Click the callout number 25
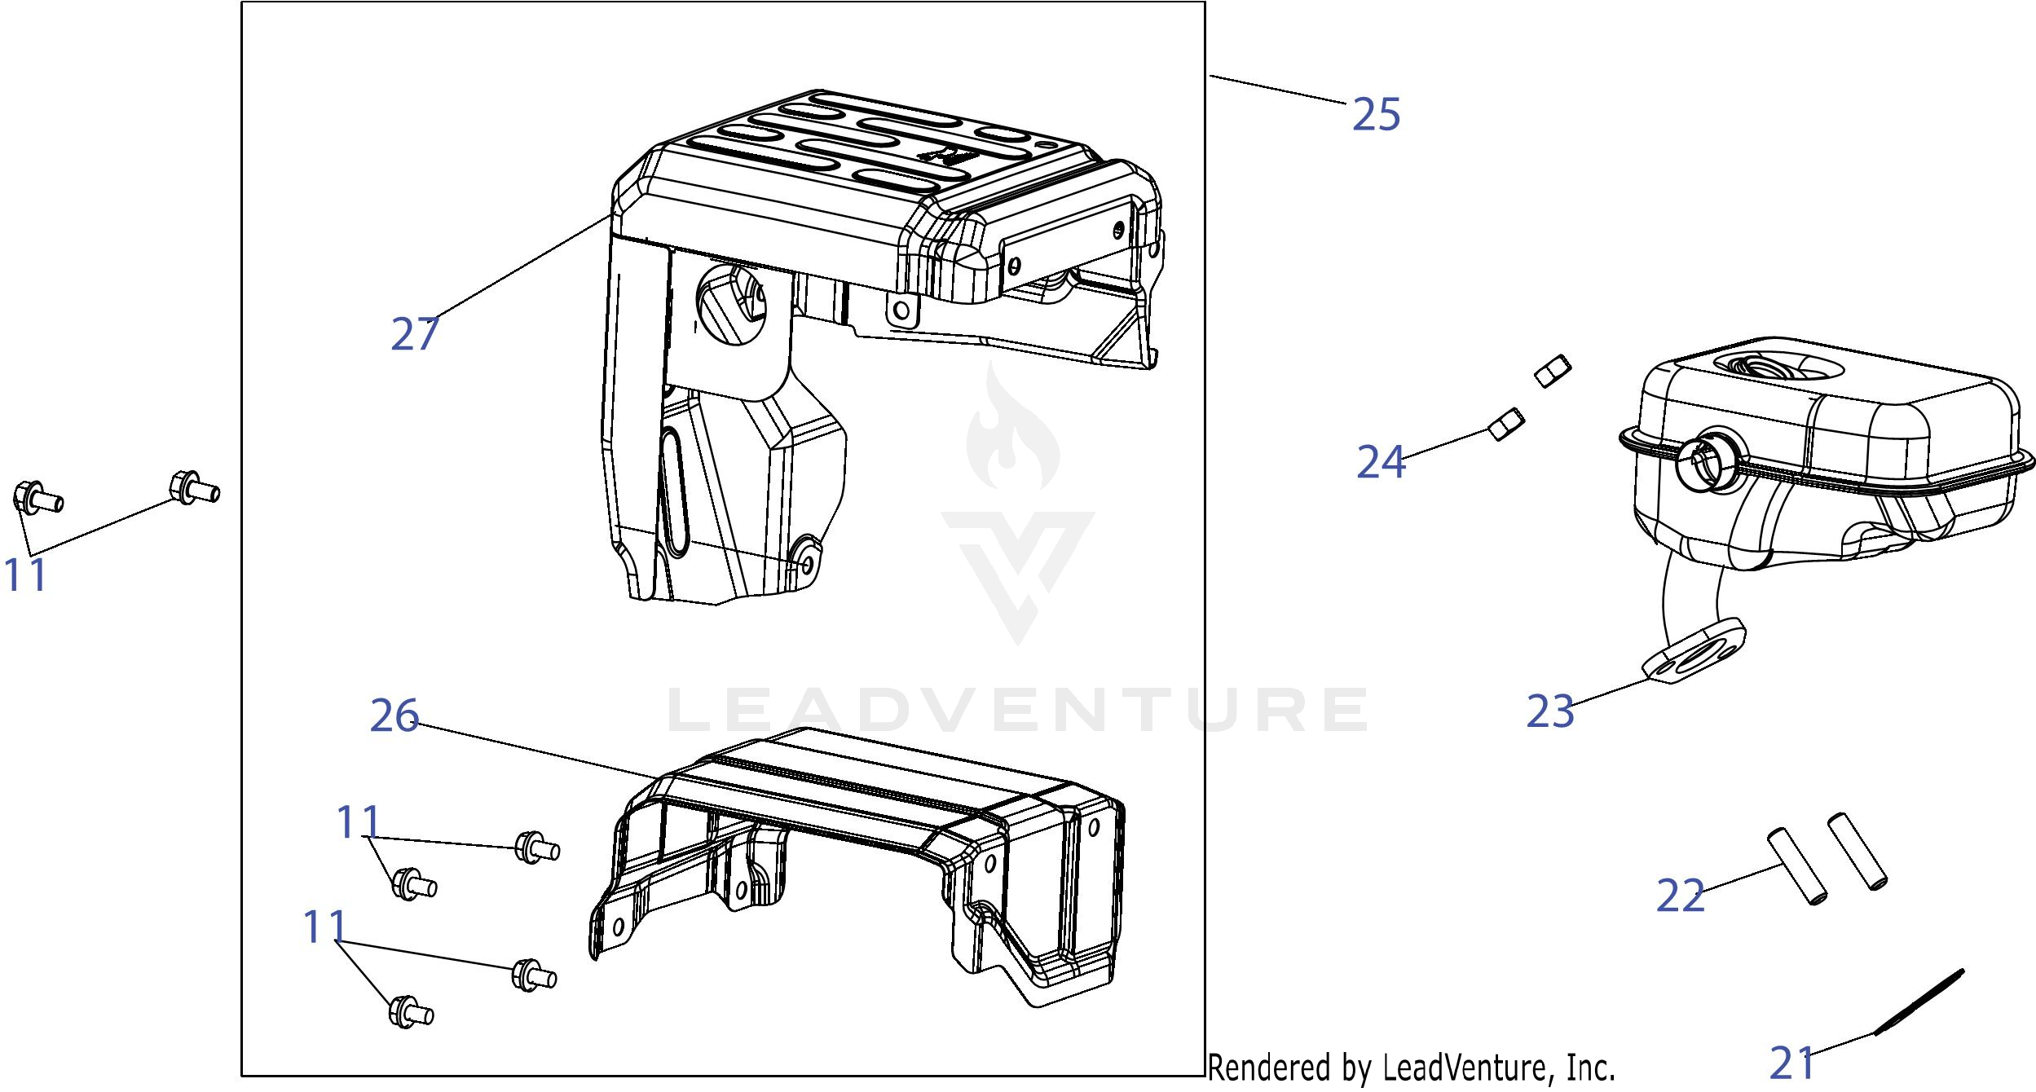point(1376,114)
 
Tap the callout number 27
point(415,333)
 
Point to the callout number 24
point(1381,462)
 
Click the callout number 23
point(1550,711)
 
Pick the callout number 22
point(1681,896)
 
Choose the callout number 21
point(1793,1063)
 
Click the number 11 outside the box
point(26,575)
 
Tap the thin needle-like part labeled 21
point(1919,1013)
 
